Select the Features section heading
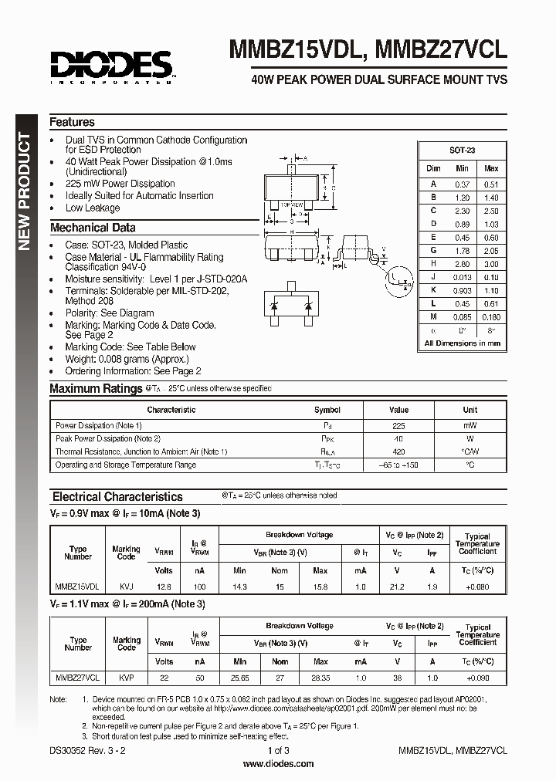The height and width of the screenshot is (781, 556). [x=72, y=122]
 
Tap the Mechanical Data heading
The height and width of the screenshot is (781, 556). [x=92, y=228]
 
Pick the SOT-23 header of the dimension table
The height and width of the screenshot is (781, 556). [x=462, y=150]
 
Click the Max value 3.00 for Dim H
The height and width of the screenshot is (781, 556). [x=490, y=264]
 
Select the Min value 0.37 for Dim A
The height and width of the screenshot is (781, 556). [x=462, y=184]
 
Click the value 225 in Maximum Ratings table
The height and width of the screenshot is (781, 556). [x=398, y=425]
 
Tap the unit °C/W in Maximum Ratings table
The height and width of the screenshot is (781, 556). [x=470, y=451]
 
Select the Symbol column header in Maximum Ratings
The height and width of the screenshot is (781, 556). [x=327, y=410]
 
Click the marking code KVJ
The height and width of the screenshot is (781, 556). [x=126, y=587]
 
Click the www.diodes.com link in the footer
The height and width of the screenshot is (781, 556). [x=278, y=764]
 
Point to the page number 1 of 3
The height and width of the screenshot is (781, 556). [x=278, y=750]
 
